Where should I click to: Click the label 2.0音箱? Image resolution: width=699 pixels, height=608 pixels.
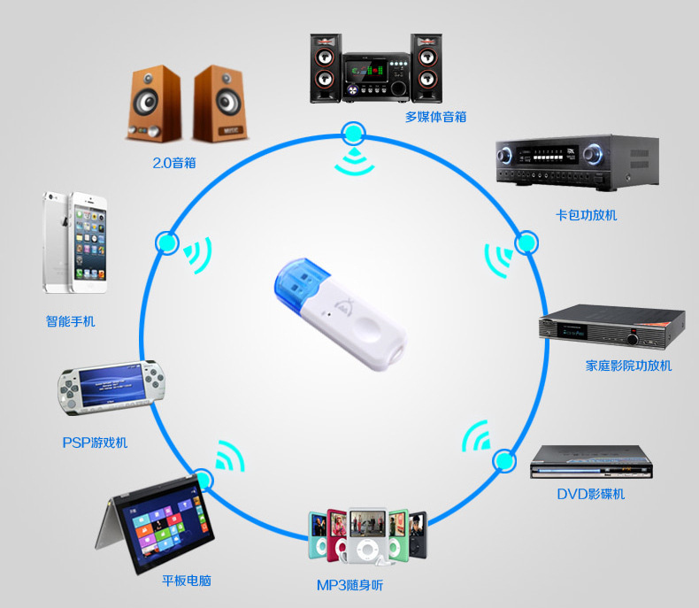click(x=173, y=164)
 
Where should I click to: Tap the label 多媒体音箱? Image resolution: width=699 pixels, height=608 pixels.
click(x=435, y=117)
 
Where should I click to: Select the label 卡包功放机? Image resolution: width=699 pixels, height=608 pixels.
click(x=586, y=215)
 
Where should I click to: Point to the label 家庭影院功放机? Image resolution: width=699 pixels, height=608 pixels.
click(x=628, y=366)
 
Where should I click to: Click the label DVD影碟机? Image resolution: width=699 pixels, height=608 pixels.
click(x=590, y=494)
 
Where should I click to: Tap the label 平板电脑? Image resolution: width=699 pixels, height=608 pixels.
click(x=187, y=581)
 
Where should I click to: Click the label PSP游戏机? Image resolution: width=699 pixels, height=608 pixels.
click(x=95, y=442)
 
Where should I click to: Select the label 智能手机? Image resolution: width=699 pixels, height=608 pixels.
click(x=70, y=321)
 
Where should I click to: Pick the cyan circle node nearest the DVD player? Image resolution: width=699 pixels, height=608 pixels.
click(x=503, y=461)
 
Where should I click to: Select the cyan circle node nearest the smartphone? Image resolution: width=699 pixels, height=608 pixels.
click(x=165, y=242)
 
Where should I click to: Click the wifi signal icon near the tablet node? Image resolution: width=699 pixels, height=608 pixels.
click(x=228, y=457)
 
